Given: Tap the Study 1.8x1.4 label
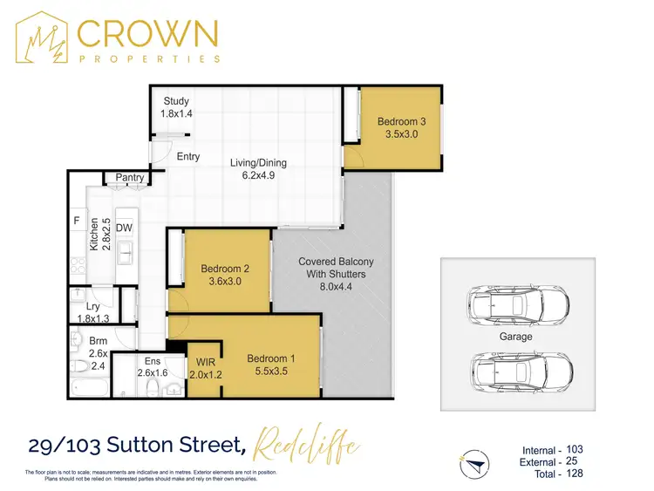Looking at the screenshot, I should pos(175,108).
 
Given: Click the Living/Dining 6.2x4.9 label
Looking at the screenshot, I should pos(258,169).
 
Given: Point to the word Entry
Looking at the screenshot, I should pos(188,157).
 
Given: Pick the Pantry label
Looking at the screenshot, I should pos(130,178).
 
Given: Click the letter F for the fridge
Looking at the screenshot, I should pos(77,222).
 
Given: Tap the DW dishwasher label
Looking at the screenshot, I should pos(124,228).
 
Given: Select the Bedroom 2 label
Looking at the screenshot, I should pos(225,276).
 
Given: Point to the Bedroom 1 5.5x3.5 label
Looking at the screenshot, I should pos(271,365).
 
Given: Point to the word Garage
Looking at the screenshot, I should pos(514,337).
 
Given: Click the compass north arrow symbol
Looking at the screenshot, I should pos(472,460).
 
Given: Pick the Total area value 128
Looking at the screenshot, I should pos(573,474).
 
